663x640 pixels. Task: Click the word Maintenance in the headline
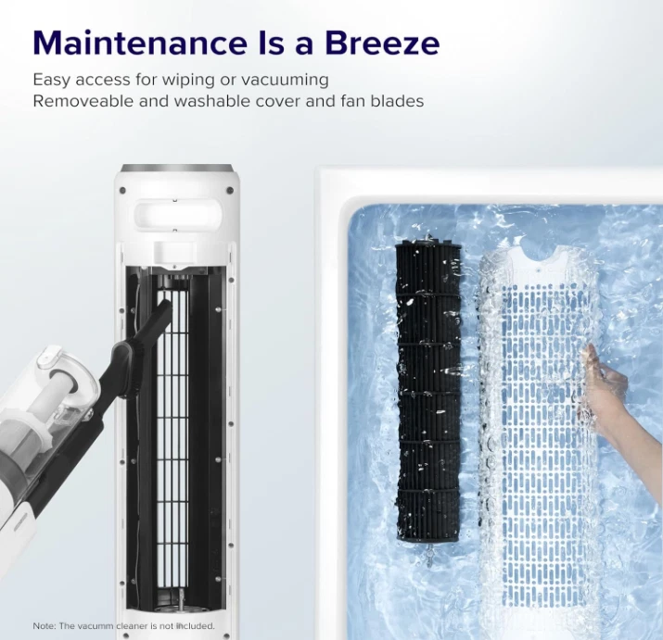pyautogui.click(x=139, y=43)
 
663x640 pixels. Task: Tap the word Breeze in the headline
pyautogui.click(x=383, y=43)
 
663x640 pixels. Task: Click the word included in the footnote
pyautogui.click(x=196, y=625)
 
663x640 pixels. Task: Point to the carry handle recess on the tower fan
pyautogui.click(x=178, y=214)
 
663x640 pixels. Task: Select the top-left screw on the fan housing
pyautogui.click(x=123, y=190)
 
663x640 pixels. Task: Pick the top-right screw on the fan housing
pyautogui.click(x=230, y=190)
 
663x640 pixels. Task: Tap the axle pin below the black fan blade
pyautogui.click(x=429, y=550)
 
